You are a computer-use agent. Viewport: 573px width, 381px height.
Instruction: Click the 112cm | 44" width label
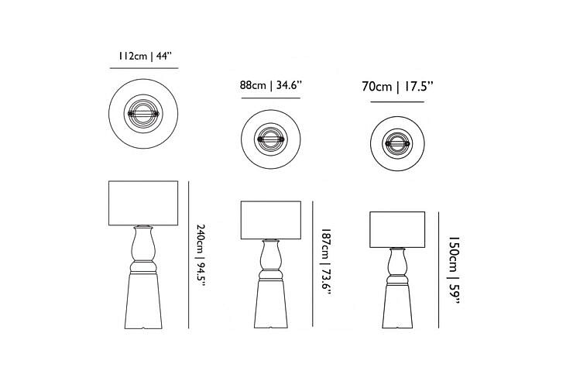[x=144, y=57]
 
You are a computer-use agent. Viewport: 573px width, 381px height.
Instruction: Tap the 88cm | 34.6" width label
[x=271, y=85]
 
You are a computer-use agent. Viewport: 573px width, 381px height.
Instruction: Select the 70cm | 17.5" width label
[x=397, y=87]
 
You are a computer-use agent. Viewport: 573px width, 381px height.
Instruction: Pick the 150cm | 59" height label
[x=454, y=269]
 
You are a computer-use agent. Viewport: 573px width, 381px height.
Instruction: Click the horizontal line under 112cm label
[x=144, y=68]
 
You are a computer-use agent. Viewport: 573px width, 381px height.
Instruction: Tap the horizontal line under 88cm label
[x=271, y=98]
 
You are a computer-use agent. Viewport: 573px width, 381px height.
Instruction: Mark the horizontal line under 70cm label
[x=397, y=102]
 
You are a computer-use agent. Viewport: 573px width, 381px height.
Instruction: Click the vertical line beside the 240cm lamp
[x=189, y=255]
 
